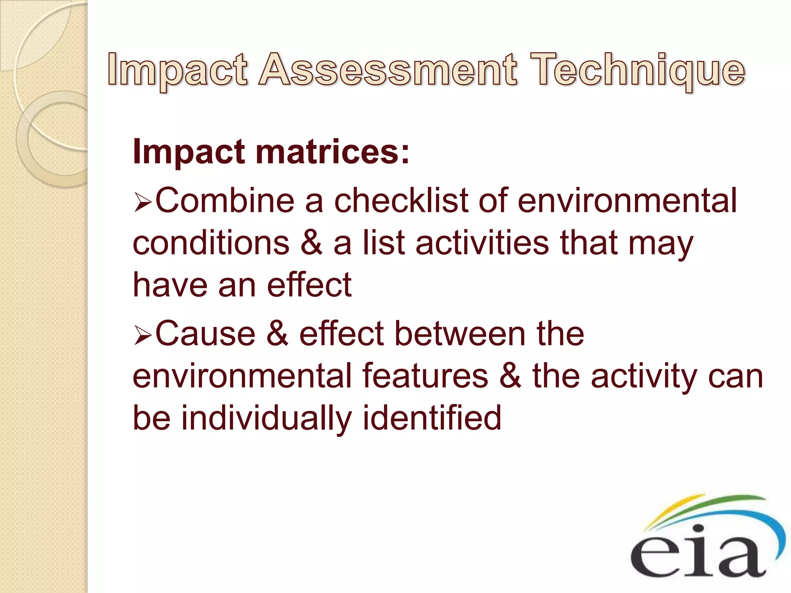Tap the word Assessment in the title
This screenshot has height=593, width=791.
[387, 70]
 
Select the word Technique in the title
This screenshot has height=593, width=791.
[637, 70]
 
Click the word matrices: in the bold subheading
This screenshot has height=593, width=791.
[332, 152]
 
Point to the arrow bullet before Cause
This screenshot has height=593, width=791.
[143, 335]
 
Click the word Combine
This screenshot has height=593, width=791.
[224, 201]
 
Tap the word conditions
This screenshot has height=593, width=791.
[211, 243]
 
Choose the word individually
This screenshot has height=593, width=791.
[266, 418]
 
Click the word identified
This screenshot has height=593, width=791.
[432, 418]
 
